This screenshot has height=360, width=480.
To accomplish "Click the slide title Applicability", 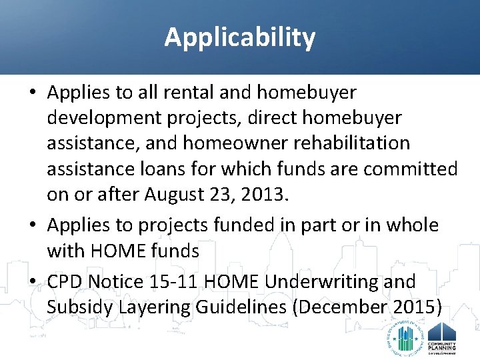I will click(x=240, y=37).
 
